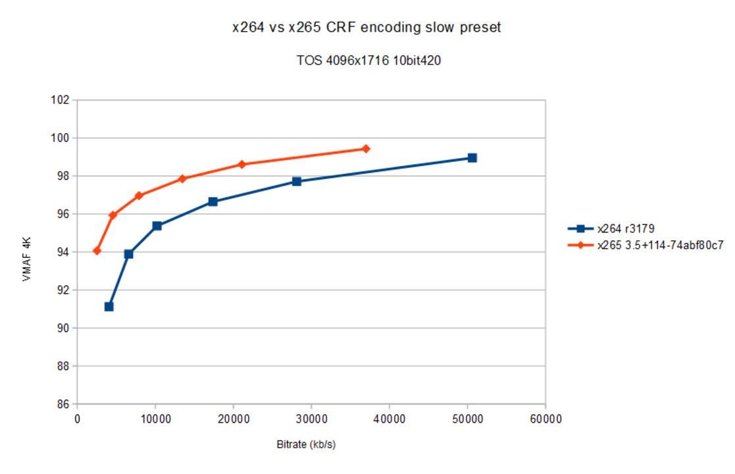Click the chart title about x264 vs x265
coord(367,28)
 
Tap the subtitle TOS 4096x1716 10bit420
coord(368,61)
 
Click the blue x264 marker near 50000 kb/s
coord(472,158)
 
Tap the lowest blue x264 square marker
coord(109,307)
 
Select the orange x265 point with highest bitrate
coord(366,149)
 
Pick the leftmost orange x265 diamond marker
coord(97,251)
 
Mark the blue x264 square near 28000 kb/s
coord(297,181)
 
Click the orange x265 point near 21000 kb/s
coord(241,165)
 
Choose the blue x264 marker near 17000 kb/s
coord(213,201)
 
